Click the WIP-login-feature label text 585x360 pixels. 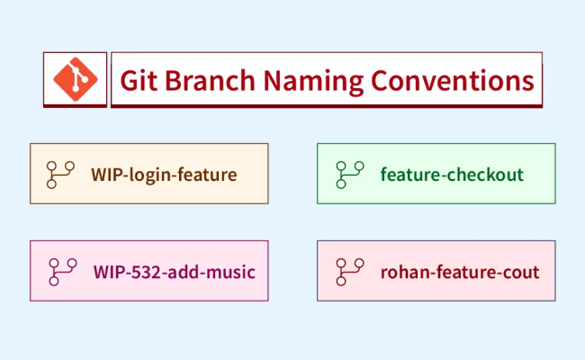point(164,174)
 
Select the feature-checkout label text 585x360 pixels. point(452,174)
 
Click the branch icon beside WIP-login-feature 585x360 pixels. point(61,174)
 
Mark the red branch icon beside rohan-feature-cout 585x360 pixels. point(348,271)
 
